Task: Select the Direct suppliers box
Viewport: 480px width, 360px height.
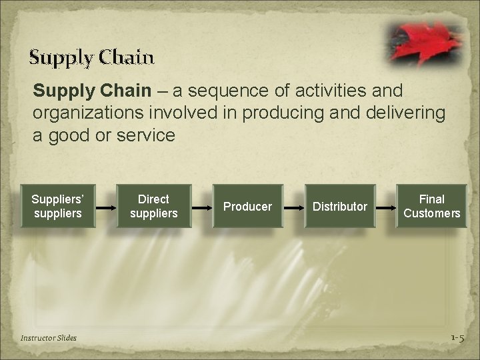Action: coord(153,207)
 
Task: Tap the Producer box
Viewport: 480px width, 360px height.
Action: coord(247,207)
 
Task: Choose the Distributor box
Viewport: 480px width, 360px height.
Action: coord(340,207)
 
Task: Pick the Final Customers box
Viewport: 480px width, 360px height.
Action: coord(431,207)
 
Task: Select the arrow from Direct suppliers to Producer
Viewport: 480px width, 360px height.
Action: coord(202,207)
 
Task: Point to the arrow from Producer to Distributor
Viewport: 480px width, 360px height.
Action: coord(293,207)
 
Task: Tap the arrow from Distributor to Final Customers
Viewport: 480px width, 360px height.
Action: coord(386,207)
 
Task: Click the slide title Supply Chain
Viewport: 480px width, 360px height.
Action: coord(92,57)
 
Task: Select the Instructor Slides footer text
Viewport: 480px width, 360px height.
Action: coord(49,338)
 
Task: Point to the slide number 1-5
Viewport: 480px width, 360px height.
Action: coord(457,338)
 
